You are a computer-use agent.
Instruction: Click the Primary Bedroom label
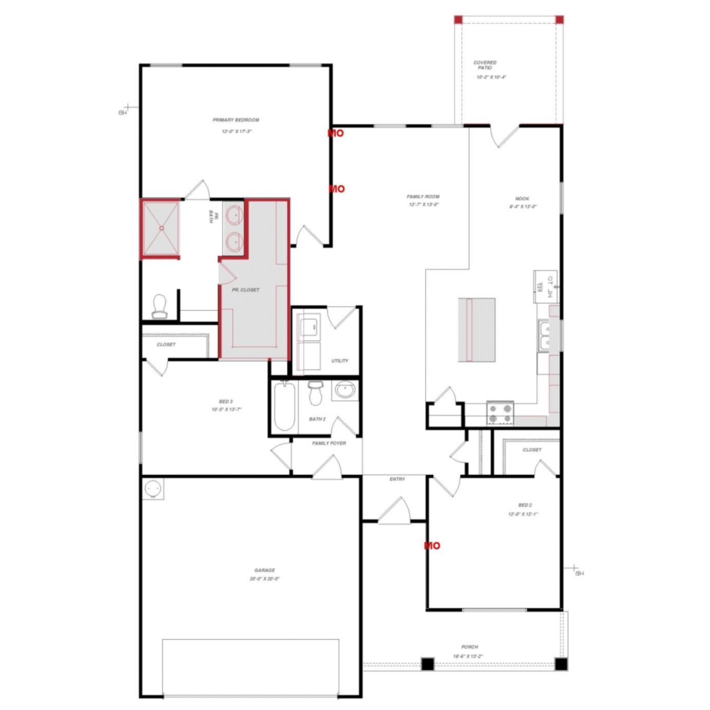(236, 120)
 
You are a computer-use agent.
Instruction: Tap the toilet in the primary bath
(160, 306)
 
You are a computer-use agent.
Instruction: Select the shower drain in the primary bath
(162, 228)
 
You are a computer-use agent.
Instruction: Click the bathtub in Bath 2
(284, 406)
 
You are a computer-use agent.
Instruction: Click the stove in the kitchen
(500, 413)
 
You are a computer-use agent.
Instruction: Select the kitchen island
(477, 329)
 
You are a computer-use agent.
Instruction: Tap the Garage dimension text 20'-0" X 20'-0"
(264, 579)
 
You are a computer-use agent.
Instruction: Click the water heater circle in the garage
(153, 489)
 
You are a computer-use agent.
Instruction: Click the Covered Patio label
(485, 65)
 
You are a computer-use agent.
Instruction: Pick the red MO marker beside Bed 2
(432, 545)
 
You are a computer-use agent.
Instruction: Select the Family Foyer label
(329, 443)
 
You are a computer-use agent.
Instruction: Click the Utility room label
(339, 361)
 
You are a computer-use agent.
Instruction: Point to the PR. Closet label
(246, 290)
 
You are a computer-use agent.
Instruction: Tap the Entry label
(397, 479)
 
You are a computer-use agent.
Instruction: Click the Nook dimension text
(523, 207)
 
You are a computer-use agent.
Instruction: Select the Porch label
(470, 647)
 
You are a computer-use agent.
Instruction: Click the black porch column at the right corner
(561, 664)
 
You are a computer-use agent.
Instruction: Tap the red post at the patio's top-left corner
(459, 20)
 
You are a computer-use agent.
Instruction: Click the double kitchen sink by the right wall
(544, 336)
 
